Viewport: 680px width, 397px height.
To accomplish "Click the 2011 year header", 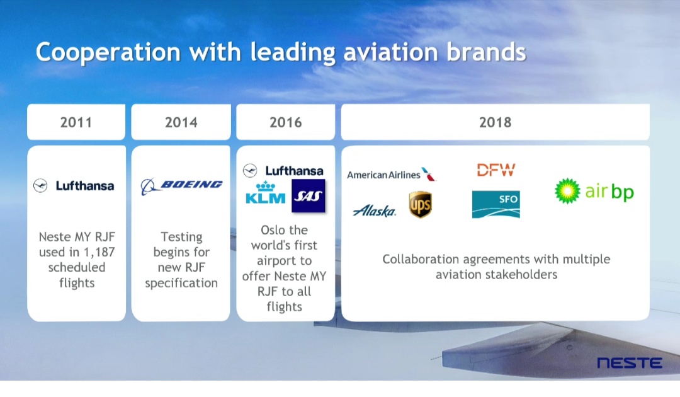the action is pos(76,122).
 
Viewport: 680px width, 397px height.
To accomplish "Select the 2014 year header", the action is pos(181,122).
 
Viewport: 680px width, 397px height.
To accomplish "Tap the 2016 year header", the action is pos(285,122).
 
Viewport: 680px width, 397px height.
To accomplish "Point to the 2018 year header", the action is pos(496,122).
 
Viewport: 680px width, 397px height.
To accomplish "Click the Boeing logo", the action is pos(182,186).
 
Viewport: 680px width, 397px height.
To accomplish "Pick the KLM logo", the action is pos(266,193).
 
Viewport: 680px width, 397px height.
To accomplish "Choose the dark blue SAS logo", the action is pos(309,196).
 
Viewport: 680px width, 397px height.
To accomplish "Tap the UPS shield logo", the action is pos(420,204).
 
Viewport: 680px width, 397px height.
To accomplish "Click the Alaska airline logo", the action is pos(375,210).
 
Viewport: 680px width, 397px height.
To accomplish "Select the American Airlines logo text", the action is pos(384,175).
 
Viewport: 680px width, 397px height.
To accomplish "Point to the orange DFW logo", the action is pos(496,170).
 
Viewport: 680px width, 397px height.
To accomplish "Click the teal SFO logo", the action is pos(496,204).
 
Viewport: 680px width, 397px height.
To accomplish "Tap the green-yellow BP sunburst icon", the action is pos(567,191).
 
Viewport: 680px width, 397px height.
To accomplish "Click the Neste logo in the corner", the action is pos(630,363).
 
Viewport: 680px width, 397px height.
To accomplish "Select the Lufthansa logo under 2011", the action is pos(74,186).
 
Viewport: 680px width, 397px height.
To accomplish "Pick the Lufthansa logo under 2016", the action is pos(283,171).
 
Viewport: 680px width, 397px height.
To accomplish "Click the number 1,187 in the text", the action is pos(99,252).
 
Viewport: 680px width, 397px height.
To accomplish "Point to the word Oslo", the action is pos(272,230).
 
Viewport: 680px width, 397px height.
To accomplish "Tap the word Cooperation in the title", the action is pos(108,52).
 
